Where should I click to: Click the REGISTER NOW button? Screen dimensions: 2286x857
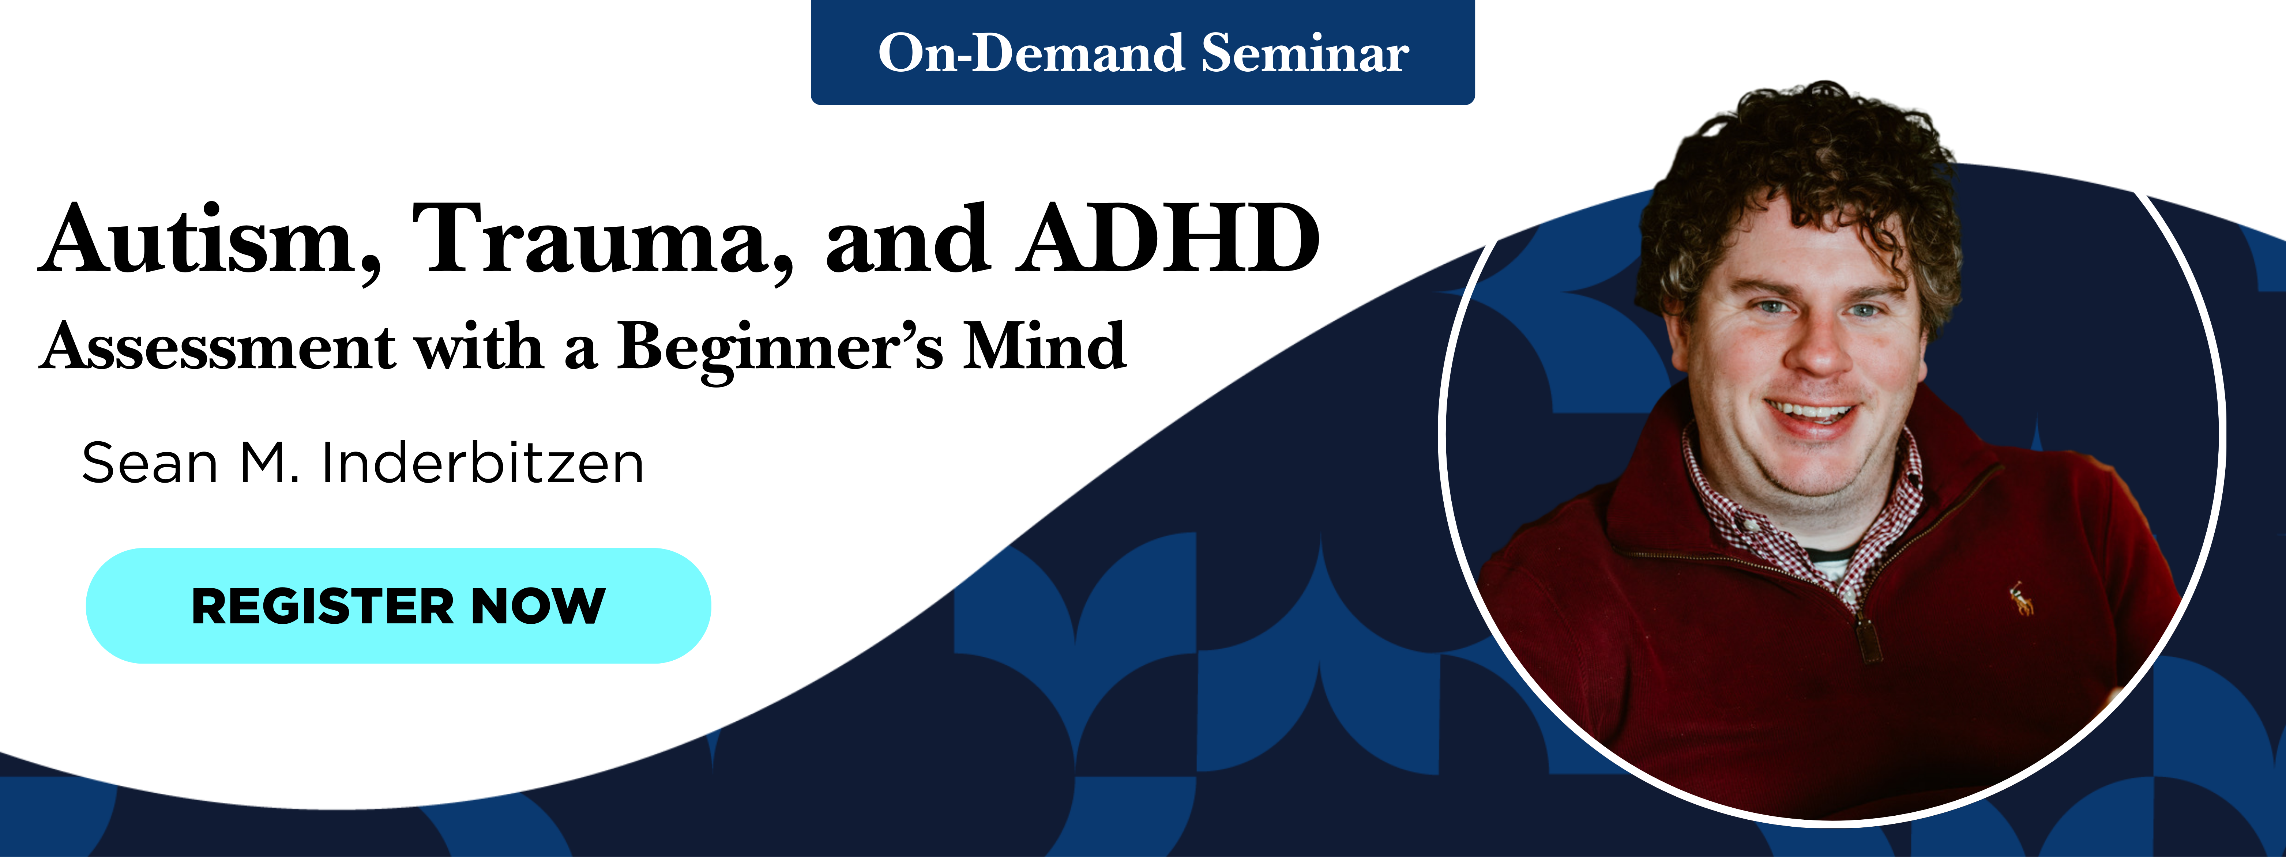pos(398,606)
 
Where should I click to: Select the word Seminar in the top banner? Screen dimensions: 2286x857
pos(1305,53)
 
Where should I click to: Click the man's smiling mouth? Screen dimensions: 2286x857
pos(1811,415)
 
